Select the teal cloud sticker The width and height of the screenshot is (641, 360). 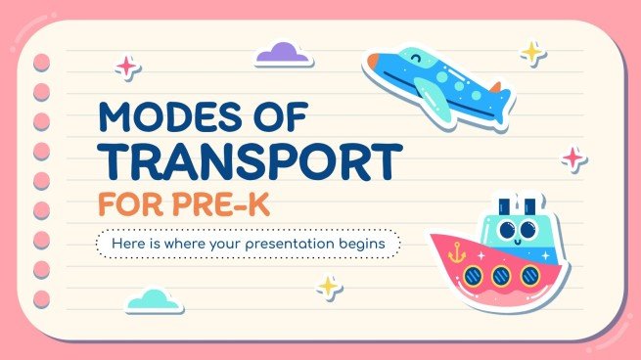[154, 299]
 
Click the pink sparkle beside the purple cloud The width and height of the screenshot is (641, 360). [126, 66]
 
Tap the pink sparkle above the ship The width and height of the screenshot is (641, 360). [572, 157]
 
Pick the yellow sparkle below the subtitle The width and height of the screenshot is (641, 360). [328, 286]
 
